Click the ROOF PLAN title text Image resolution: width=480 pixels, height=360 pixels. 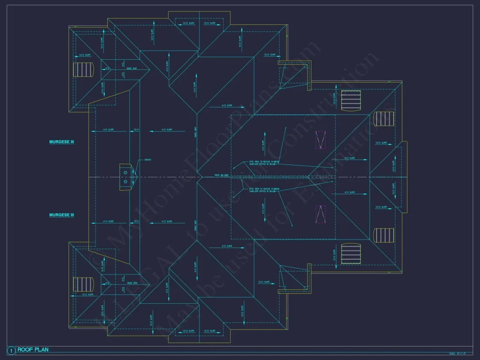coord(33,350)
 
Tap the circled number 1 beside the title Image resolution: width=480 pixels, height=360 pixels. coord(11,350)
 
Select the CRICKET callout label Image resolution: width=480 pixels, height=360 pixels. coord(147,160)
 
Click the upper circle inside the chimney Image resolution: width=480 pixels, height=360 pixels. coord(125,173)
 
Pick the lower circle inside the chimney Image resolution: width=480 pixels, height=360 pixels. coord(125,181)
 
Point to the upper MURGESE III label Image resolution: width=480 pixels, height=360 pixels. coord(62,142)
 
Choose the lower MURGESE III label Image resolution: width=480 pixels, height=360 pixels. coord(62,215)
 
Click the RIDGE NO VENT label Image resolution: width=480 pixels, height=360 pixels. coord(222,175)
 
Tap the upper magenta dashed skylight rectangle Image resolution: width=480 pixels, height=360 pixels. coord(321,140)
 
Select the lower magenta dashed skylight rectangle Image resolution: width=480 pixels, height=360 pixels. coord(321,214)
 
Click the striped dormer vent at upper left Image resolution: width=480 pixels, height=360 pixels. coord(83,69)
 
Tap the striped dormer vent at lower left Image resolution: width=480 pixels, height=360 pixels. coord(83,285)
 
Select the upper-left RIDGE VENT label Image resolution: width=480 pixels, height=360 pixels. coord(130,69)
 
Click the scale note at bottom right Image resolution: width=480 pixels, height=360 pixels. coord(458,353)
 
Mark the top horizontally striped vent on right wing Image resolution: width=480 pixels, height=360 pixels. coord(351,100)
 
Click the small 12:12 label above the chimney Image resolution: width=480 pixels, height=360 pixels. coord(136,130)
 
